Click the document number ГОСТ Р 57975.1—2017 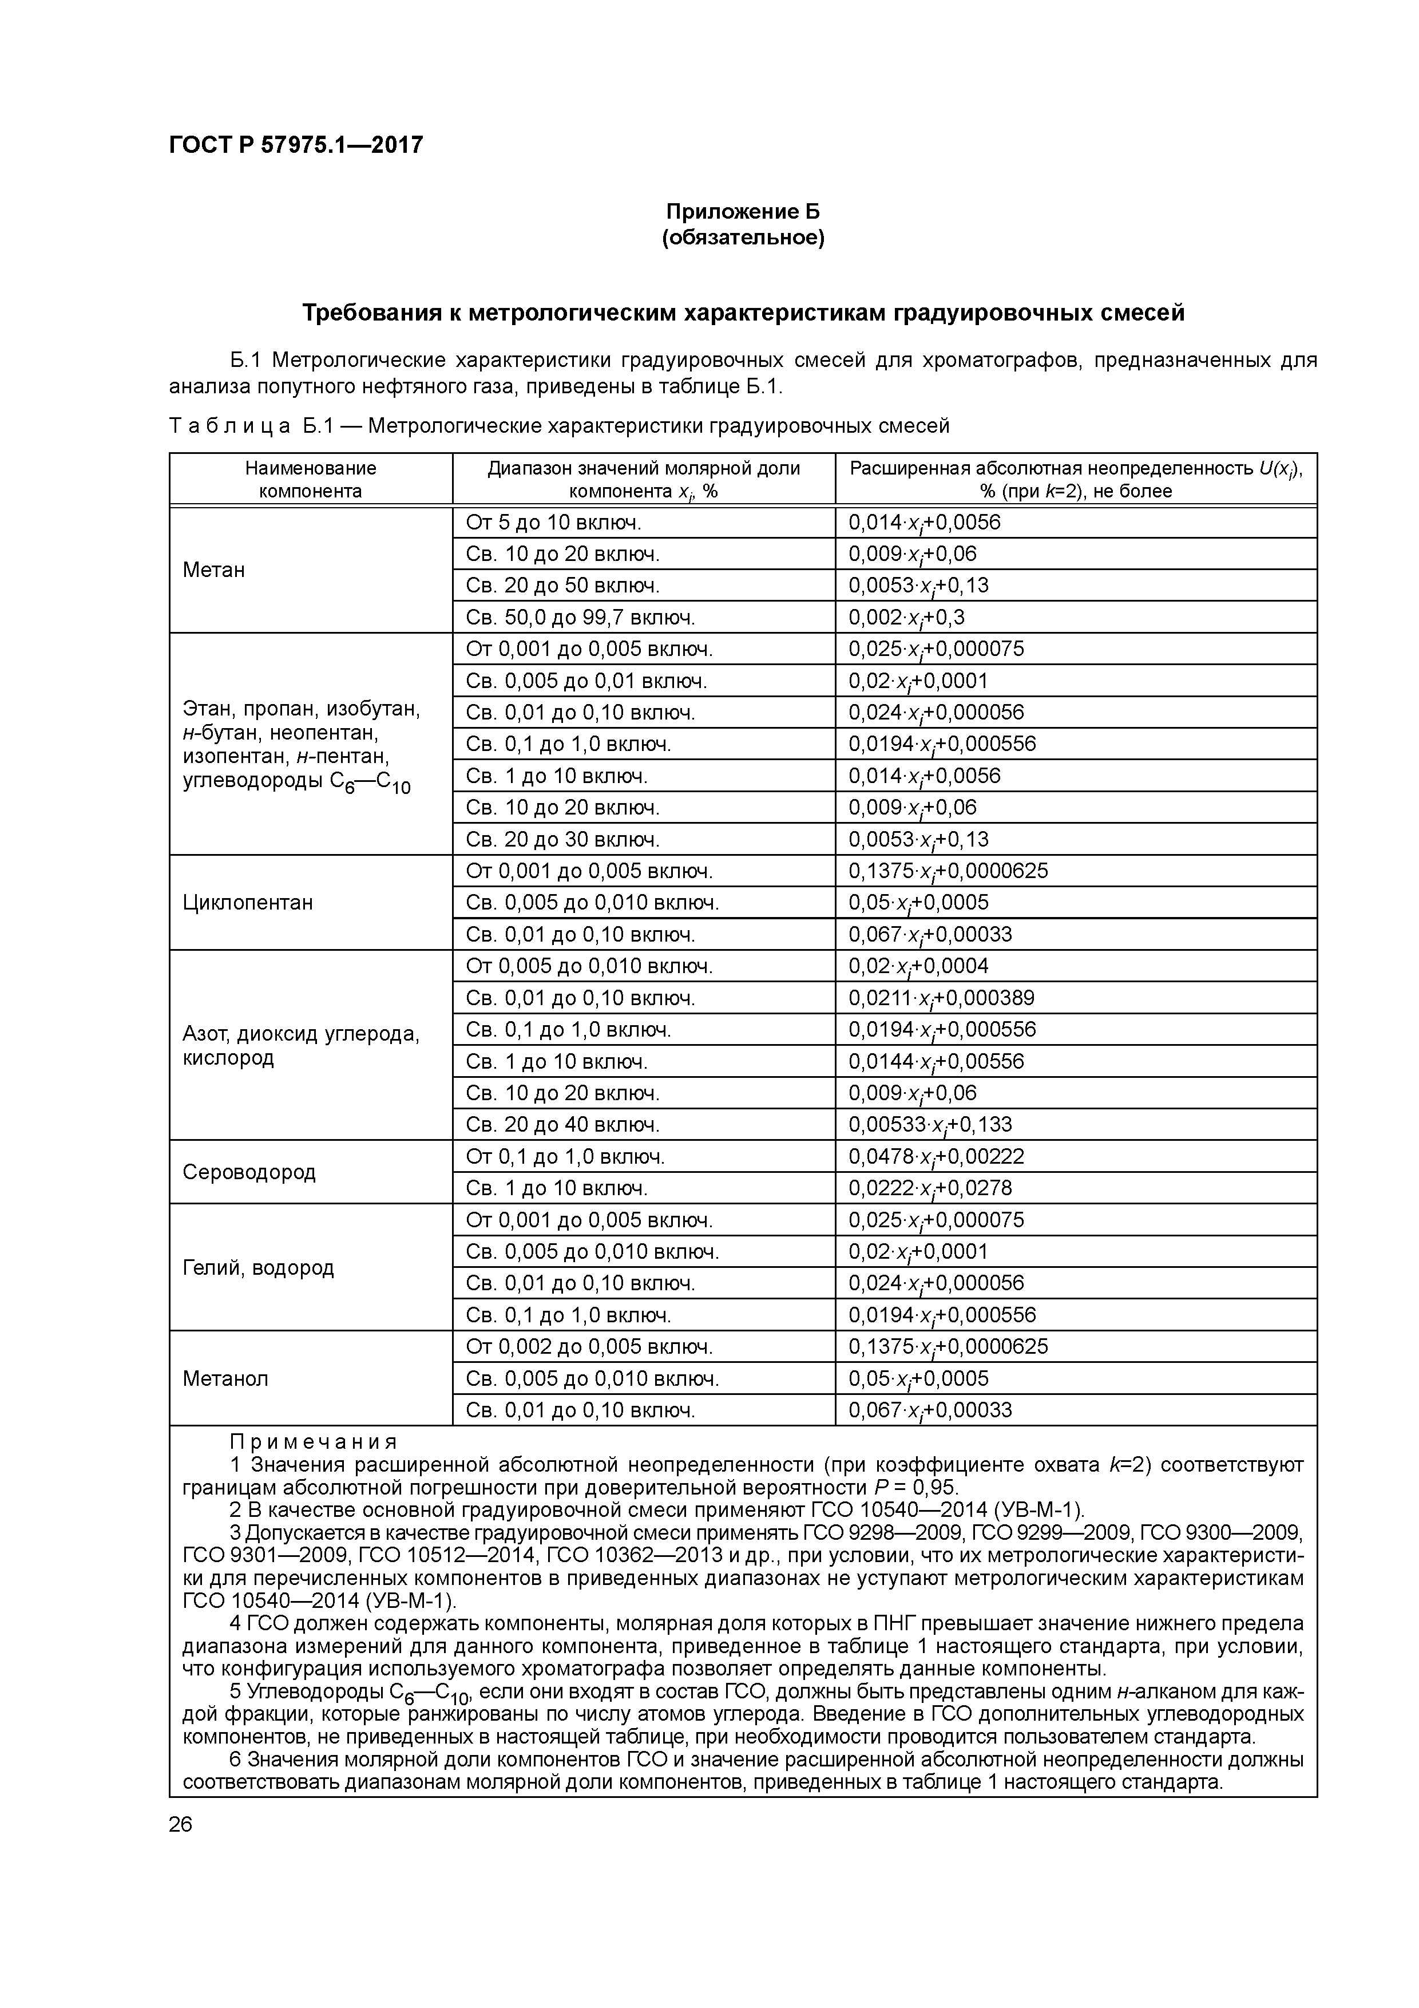(295, 144)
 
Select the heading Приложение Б (743, 212)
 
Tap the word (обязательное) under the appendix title (743, 238)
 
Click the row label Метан (214, 570)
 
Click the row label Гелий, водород (258, 1268)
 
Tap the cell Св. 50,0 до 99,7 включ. (581, 618)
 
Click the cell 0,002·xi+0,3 (907, 618)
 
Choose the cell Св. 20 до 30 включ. (562, 840)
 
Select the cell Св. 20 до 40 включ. (562, 1125)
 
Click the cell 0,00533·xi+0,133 (929, 1125)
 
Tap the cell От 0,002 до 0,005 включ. (589, 1347)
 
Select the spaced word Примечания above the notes (313, 1441)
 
